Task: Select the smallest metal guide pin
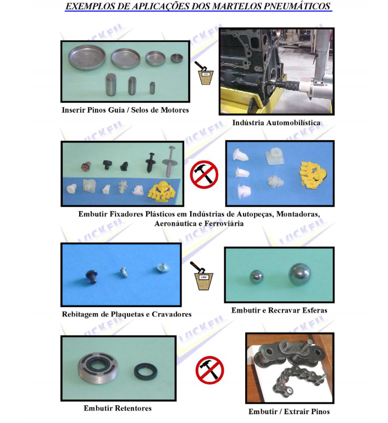152,88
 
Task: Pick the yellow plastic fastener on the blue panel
313,174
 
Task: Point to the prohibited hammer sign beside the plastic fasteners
204,175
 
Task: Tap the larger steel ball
300,274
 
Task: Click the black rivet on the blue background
91,277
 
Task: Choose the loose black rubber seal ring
146,371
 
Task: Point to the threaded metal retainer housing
98,369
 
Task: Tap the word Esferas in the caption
314,310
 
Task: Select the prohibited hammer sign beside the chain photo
209,370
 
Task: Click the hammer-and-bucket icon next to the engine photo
204,73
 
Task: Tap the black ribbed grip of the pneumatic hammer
291,86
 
